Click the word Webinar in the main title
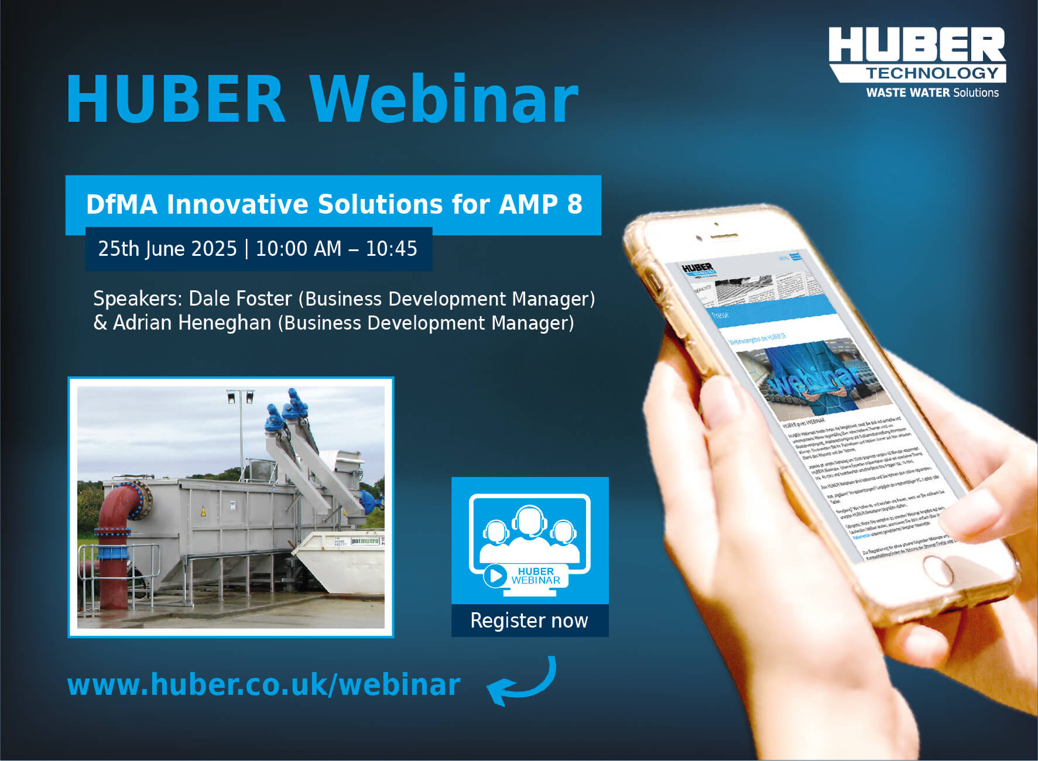(x=444, y=100)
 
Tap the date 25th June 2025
(x=167, y=249)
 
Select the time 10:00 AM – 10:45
(x=336, y=249)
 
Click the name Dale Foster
(x=240, y=299)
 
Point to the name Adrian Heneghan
(x=192, y=323)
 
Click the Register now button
(x=529, y=621)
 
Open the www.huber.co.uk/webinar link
(x=263, y=684)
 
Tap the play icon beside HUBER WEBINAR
(x=495, y=575)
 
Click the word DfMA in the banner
(x=122, y=204)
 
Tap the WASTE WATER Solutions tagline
(x=932, y=92)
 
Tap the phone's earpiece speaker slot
(x=724, y=235)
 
